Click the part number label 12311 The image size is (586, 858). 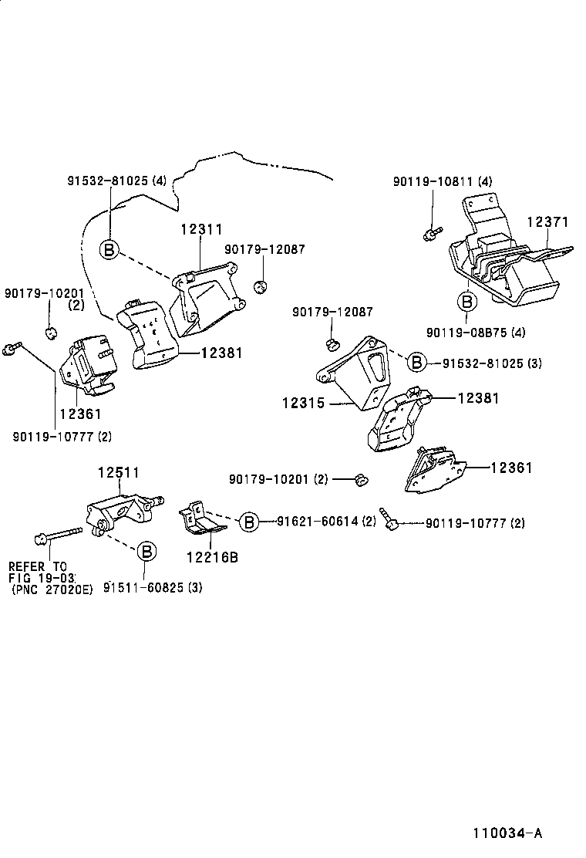202,229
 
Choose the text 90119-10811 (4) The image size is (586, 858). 442,182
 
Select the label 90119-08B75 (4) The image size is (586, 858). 475,333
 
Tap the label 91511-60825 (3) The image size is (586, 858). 153,588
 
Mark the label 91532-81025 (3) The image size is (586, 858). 491,363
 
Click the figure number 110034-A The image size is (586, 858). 508,834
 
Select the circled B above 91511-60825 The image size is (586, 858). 147,552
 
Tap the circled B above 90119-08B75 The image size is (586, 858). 466,300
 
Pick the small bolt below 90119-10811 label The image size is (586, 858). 433,231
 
